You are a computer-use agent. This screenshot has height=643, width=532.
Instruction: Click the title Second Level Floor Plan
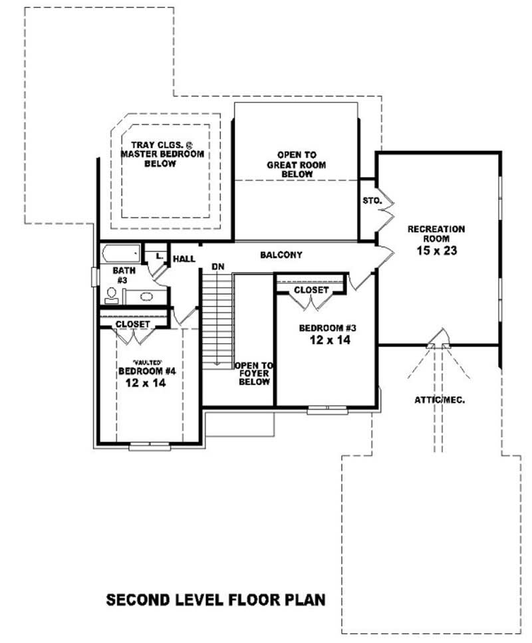[216, 600]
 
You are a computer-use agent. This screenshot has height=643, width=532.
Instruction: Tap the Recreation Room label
[436, 233]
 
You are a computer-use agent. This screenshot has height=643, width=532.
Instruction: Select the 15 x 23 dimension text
[436, 251]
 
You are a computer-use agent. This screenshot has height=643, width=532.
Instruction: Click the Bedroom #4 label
[141, 371]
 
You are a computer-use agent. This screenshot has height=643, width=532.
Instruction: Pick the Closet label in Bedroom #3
[311, 291]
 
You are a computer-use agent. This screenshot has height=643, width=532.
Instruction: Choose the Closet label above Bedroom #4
[132, 324]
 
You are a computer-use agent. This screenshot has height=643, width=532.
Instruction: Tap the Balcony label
[281, 255]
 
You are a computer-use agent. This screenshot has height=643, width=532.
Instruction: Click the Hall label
[184, 259]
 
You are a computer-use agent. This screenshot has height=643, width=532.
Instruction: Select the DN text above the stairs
[217, 267]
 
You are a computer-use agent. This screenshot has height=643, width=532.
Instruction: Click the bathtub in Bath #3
[120, 253]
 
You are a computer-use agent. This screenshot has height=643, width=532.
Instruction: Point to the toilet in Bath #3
[111, 295]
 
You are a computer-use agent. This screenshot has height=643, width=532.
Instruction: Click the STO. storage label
[370, 199]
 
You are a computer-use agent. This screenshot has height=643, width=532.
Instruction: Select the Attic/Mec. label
[440, 400]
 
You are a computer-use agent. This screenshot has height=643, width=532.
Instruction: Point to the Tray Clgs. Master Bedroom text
[161, 154]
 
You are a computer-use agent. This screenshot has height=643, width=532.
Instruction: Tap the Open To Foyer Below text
[254, 374]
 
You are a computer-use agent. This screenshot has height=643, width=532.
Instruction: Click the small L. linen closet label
[159, 255]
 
